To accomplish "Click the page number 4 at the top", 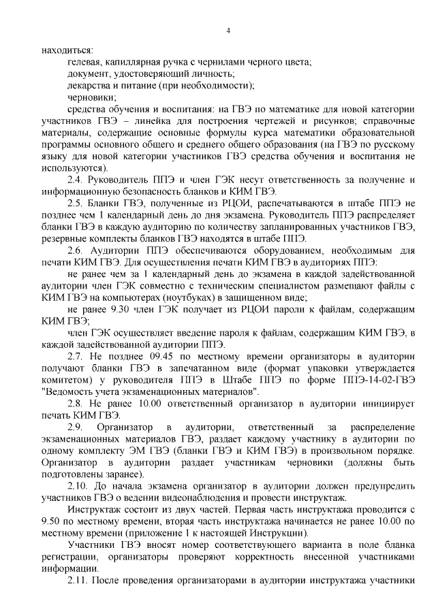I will point(228,31).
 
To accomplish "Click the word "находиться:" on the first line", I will point(67,50).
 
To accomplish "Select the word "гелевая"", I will point(86,62).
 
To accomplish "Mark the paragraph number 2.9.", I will point(75,427).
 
